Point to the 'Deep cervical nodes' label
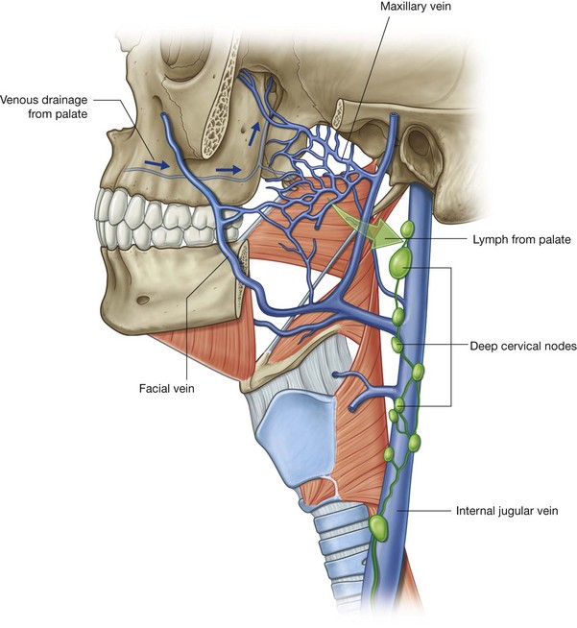(x=522, y=347)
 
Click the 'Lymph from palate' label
(x=515, y=237)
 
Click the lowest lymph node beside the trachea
(x=378, y=526)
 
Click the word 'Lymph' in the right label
(x=483, y=237)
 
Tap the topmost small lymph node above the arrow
(x=406, y=230)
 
